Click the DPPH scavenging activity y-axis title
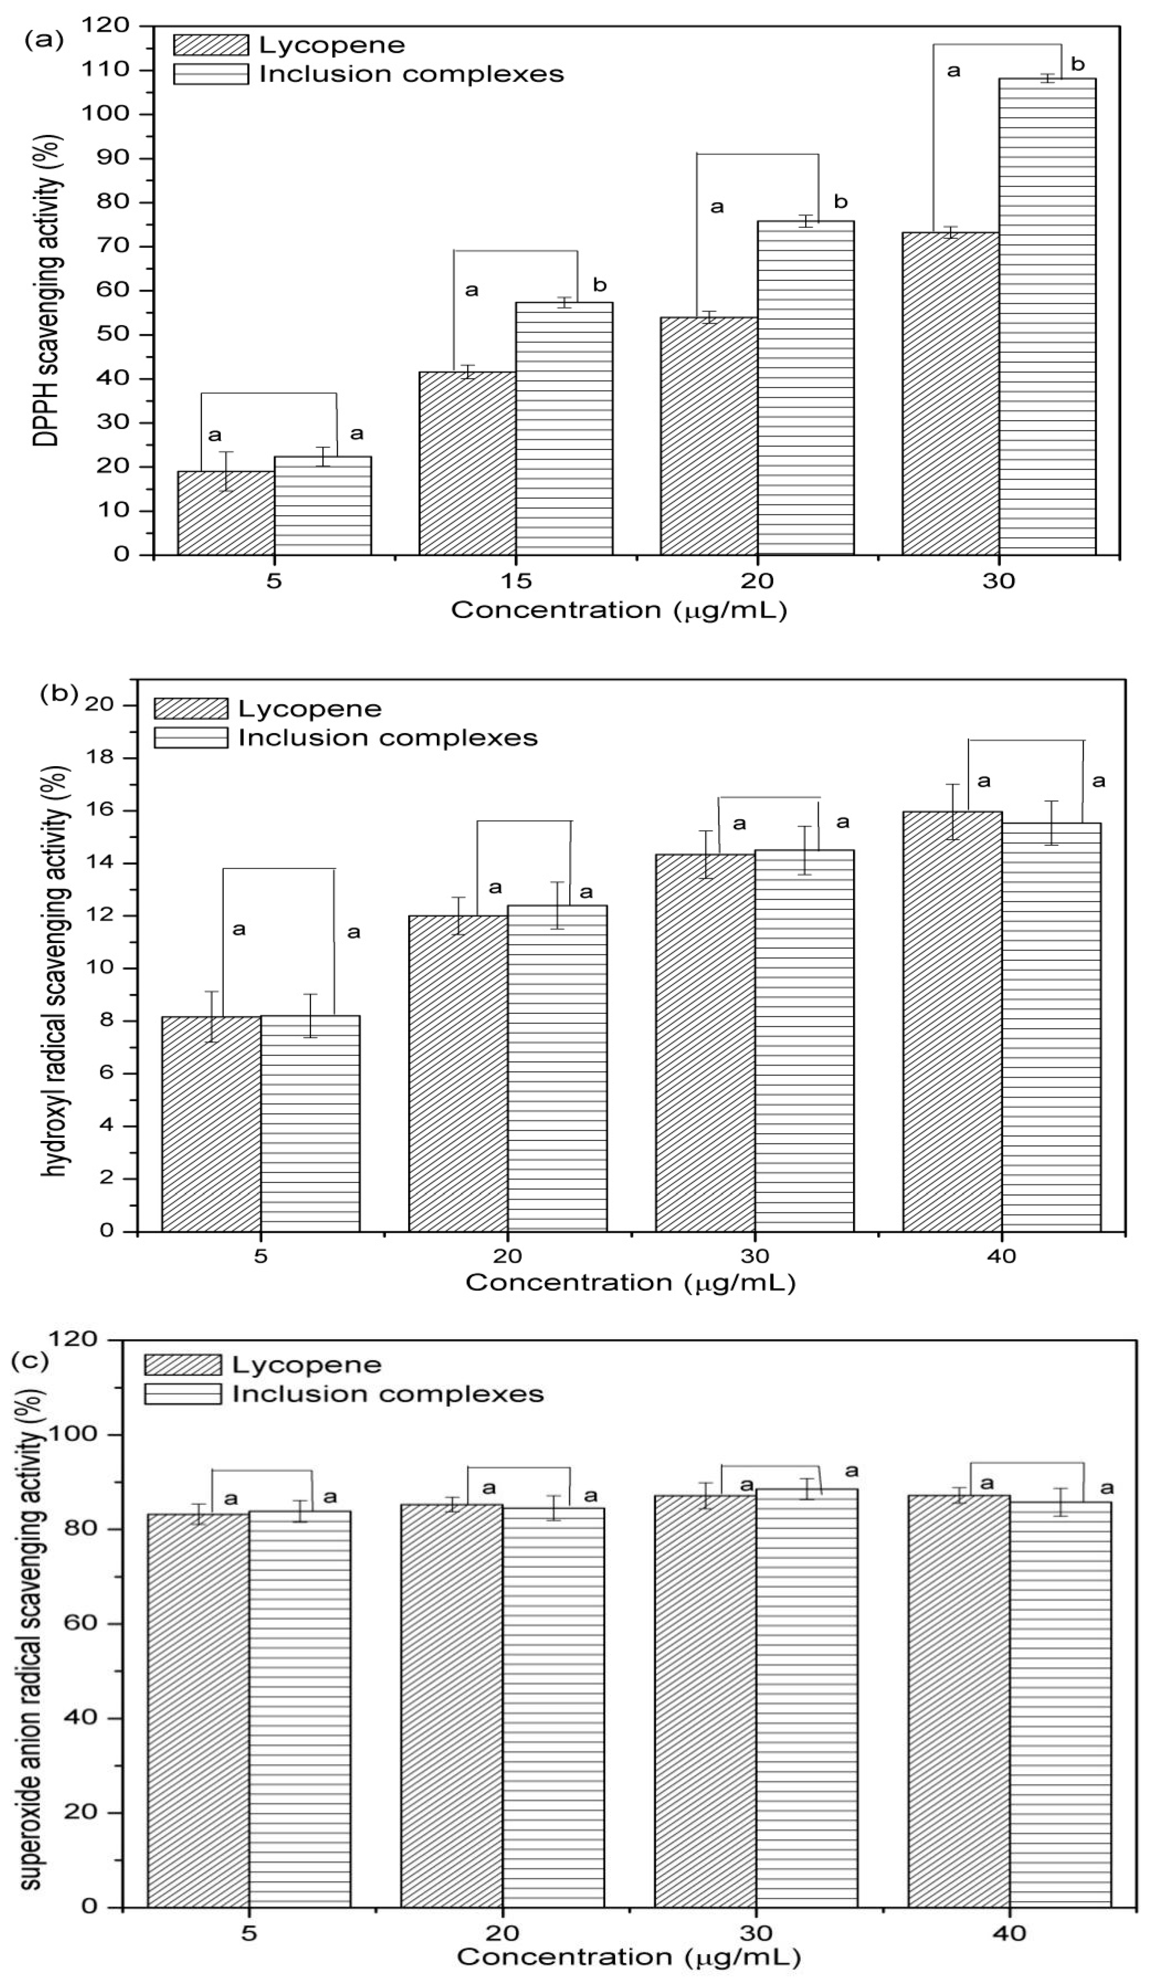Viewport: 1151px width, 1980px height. click(46, 291)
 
